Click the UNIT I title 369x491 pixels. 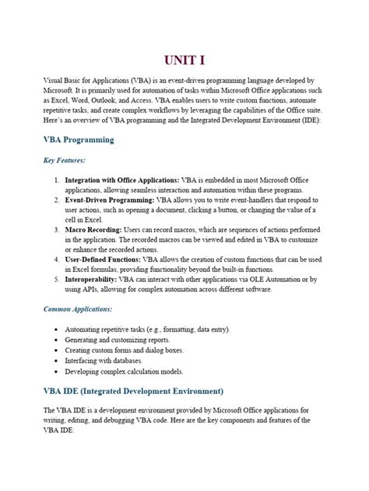(x=184, y=61)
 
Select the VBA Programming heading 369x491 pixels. (x=79, y=140)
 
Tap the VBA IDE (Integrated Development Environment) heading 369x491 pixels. (x=133, y=390)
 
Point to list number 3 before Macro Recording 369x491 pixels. (x=58, y=231)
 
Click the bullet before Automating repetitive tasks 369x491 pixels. (x=58, y=329)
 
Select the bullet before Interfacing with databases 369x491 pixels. (x=58, y=361)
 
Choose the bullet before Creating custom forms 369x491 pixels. (x=58, y=350)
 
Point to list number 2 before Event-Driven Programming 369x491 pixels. (x=58, y=200)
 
